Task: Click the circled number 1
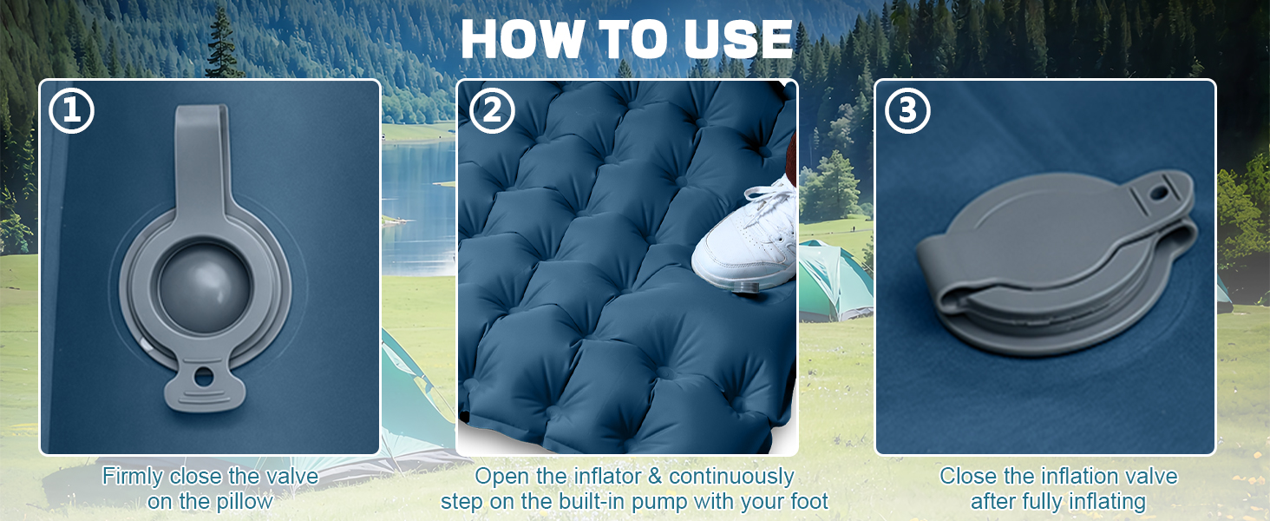[71, 110]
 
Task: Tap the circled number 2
[492, 110]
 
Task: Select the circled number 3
[907, 110]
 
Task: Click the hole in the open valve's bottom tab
[204, 377]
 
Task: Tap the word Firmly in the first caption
[133, 476]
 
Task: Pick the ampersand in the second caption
[654, 476]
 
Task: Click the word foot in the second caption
[808, 501]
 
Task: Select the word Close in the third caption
[967, 476]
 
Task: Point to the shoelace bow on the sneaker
[769, 195]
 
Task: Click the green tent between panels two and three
[834, 281]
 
